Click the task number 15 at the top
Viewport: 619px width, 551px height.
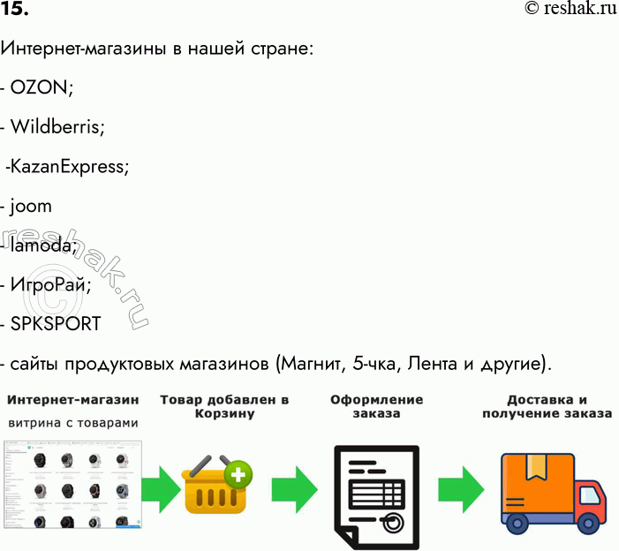[x=15, y=10]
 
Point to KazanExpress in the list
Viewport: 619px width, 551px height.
[x=70, y=167]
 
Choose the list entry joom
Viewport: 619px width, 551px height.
[x=32, y=207]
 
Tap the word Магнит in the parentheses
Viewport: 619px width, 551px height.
[x=314, y=364]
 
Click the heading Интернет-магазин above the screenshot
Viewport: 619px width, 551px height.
[x=73, y=400]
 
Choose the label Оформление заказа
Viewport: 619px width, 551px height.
[x=376, y=406]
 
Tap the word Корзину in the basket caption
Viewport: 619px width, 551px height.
[x=224, y=414]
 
